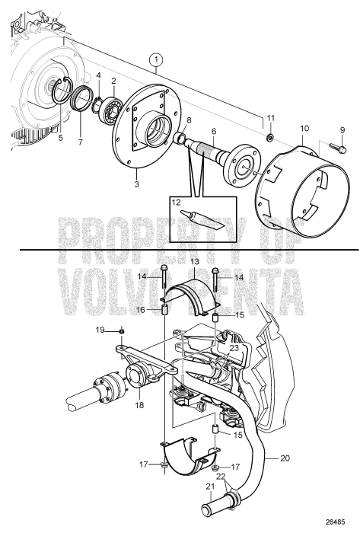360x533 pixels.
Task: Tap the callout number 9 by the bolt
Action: pyautogui.click(x=342, y=129)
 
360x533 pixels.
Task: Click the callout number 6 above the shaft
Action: pyautogui.click(x=214, y=130)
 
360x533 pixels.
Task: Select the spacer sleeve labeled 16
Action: pyautogui.click(x=164, y=308)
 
